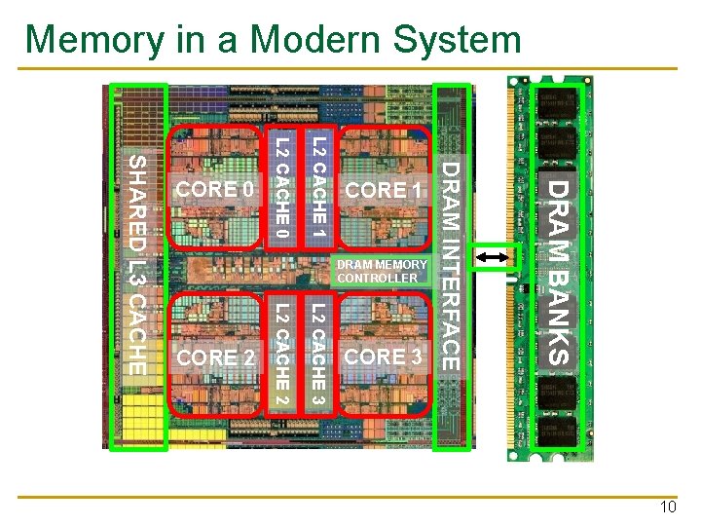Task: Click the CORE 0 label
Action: [213, 189]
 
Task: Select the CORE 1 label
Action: [382, 190]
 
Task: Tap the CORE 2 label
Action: [216, 358]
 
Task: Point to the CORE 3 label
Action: [384, 357]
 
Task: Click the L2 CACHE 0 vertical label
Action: [281, 188]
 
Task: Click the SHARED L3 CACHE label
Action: [138, 264]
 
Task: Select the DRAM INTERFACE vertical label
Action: [451, 265]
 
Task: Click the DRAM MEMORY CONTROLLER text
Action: [381, 271]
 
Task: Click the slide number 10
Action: [667, 507]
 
